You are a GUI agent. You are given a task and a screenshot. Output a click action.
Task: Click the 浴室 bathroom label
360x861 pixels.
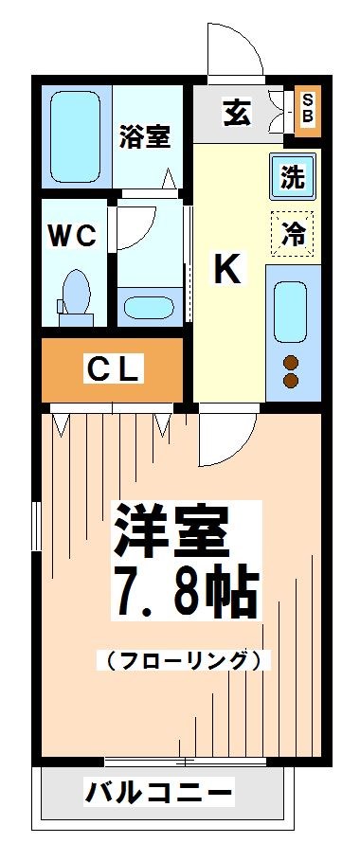(145, 136)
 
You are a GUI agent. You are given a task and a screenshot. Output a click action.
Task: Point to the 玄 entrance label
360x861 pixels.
(237, 113)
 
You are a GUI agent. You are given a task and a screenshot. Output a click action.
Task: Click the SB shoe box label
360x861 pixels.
(307, 109)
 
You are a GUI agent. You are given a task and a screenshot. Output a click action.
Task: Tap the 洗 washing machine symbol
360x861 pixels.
(292, 175)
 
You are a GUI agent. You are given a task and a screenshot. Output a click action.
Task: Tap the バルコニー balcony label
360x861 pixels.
(158, 791)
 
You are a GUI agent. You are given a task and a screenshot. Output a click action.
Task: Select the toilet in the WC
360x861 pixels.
(75, 294)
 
